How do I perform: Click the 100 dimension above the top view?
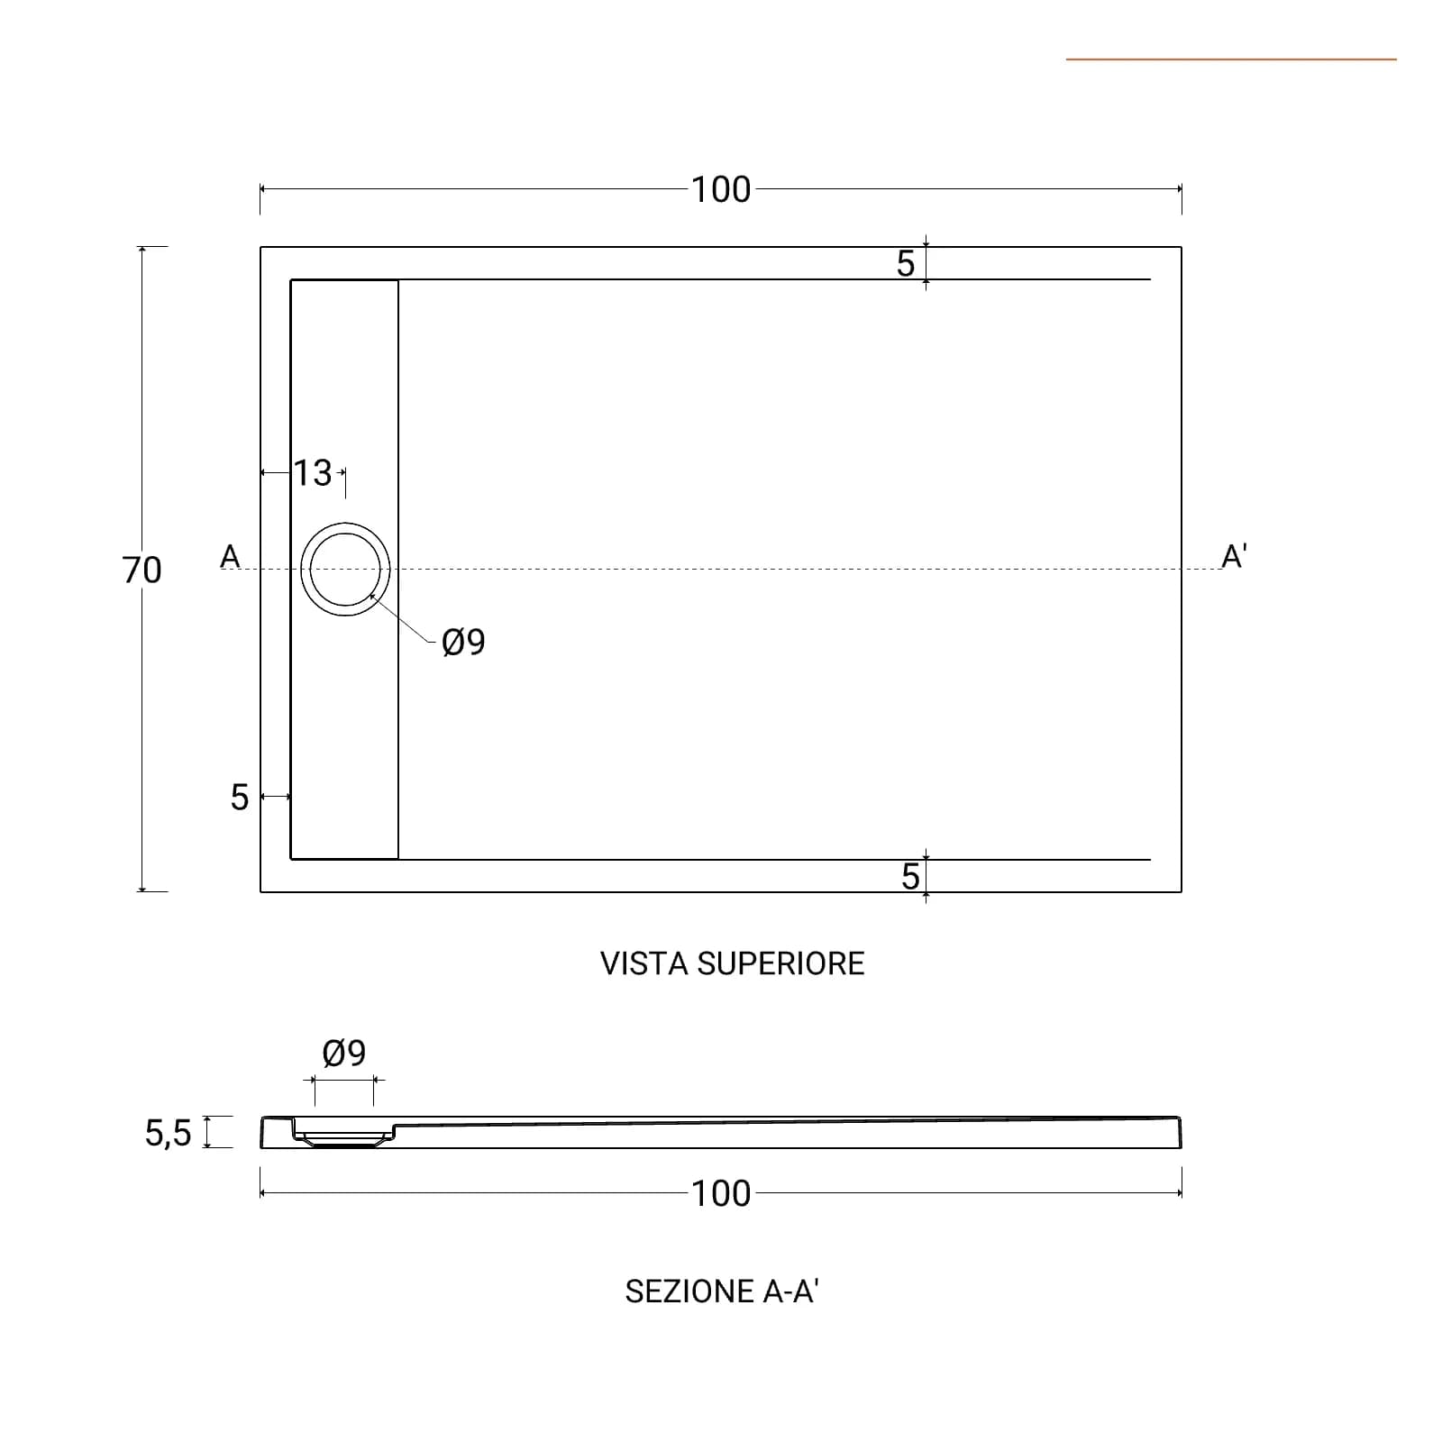[721, 190]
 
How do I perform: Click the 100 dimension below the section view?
[721, 1194]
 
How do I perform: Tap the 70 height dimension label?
[141, 570]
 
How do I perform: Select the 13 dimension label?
[314, 473]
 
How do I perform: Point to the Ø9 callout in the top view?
[463, 643]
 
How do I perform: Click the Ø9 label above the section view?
[344, 1053]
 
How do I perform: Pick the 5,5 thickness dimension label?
[169, 1134]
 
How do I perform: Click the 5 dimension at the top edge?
[906, 264]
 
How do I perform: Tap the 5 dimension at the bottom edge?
[910, 877]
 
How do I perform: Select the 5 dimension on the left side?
[239, 798]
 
